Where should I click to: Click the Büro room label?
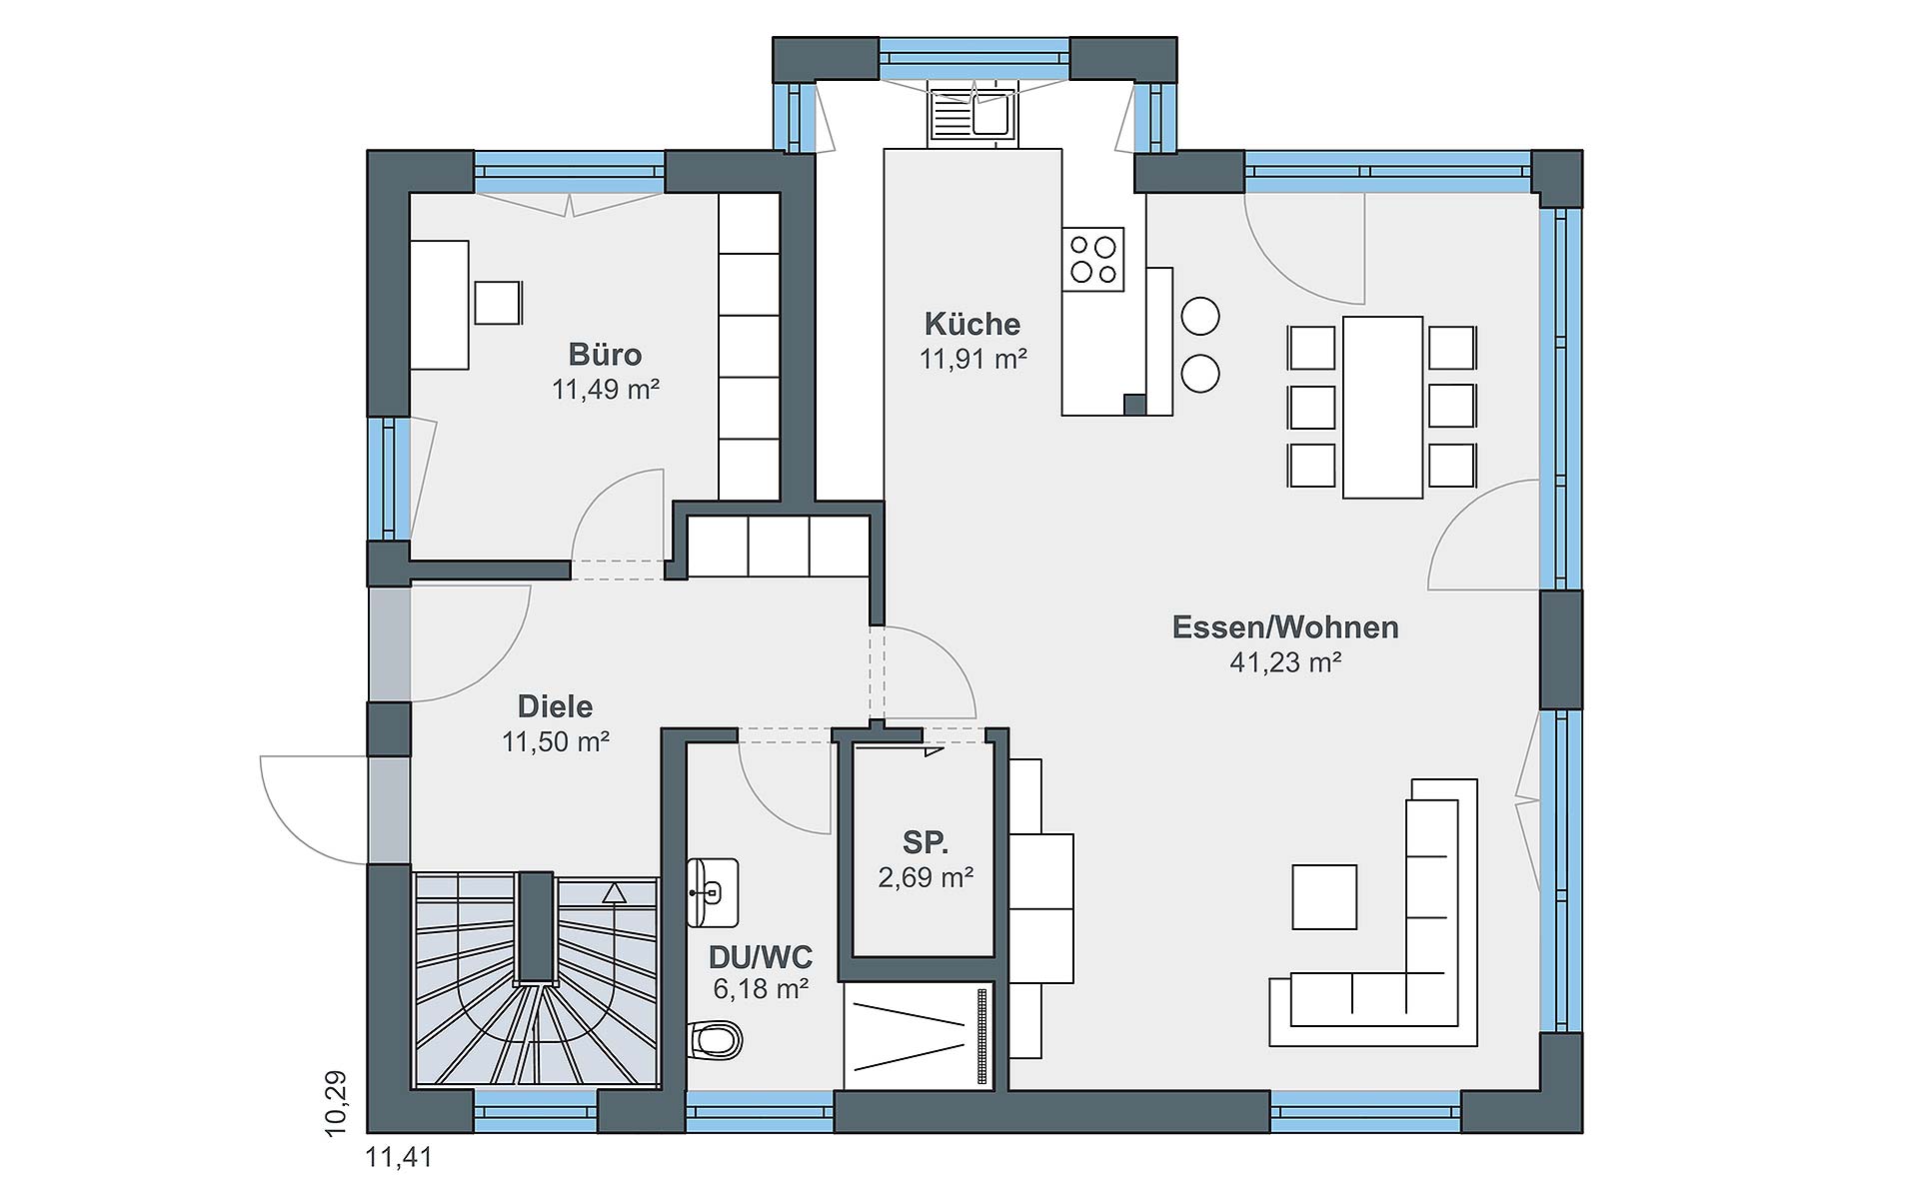click(x=605, y=355)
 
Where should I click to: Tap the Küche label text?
click(x=972, y=324)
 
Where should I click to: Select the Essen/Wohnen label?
click(x=1285, y=627)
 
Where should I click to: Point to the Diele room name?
click(x=555, y=706)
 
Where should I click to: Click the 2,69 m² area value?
click(x=926, y=877)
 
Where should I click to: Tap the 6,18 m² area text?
click(x=760, y=989)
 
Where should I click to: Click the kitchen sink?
click(x=971, y=115)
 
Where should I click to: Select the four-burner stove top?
click(x=1093, y=258)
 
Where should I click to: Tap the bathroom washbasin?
click(x=713, y=891)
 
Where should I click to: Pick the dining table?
click(x=1382, y=407)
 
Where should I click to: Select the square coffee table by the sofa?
click(x=1324, y=897)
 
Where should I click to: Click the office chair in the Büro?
click(x=498, y=303)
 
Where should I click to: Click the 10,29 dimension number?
click(x=336, y=1103)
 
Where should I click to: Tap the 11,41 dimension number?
click(x=400, y=1158)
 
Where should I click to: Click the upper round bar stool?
click(x=1200, y=317)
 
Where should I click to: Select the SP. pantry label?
click(x=925, y=842)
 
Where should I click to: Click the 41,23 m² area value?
click(x=1285, y=661)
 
